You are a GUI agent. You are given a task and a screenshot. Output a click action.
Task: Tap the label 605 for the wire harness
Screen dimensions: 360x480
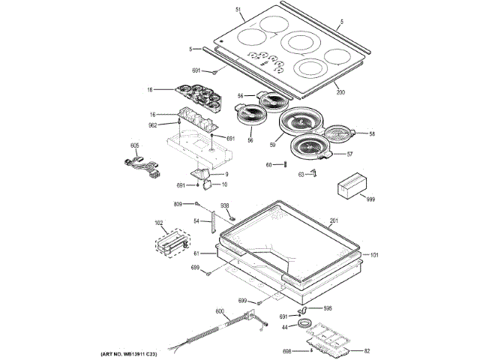point(135,145)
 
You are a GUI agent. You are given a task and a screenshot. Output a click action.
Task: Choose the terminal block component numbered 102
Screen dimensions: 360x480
point(172,243)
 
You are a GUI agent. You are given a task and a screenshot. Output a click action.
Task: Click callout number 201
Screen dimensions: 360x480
point(334,220)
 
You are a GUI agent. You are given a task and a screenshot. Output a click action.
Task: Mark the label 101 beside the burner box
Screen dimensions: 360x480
point(375,255)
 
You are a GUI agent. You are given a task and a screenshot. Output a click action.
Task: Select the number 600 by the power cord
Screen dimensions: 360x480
point(220,311)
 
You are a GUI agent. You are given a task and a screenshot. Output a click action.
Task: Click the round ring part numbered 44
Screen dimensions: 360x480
point(305,324)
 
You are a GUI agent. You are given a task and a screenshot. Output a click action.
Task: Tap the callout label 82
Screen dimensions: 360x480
point(367,351)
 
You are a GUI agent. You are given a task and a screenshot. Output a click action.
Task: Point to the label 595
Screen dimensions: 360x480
point(328,307)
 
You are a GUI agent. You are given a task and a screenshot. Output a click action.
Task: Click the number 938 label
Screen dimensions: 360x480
point(224,205)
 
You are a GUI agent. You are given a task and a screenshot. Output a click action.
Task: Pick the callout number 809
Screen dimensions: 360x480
point(178,204)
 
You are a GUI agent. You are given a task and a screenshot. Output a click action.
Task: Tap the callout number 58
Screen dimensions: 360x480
point(371,134)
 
